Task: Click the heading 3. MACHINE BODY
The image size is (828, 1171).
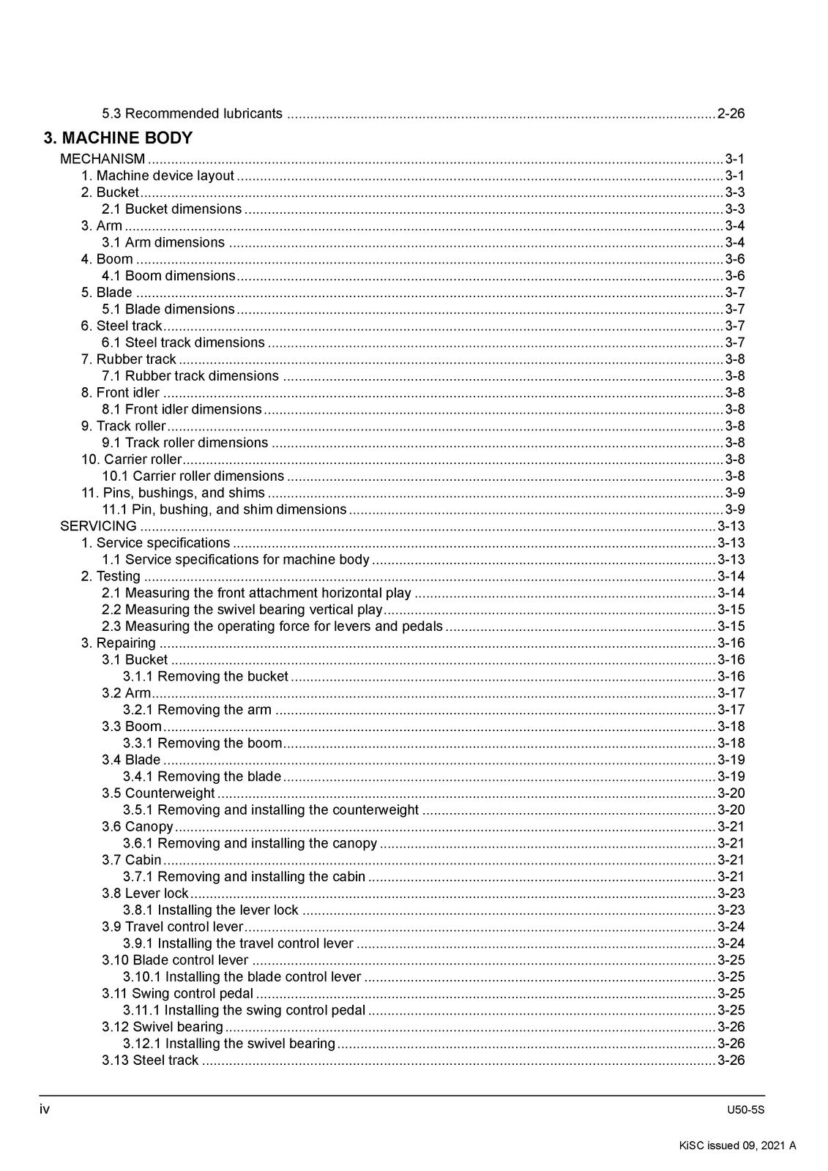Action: point(118,138)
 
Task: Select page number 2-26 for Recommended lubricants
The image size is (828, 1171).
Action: point(731,113)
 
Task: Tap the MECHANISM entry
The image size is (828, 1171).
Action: point(102,159)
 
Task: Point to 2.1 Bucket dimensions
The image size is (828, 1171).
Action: point(172,209)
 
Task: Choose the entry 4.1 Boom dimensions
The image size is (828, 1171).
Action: point(168,276)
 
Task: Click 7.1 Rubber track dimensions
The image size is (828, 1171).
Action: point(190,376)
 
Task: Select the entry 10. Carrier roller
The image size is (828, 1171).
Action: point(131,460)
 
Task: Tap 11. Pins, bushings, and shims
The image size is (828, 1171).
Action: point(173,493)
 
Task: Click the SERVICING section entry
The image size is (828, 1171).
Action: point(98,526)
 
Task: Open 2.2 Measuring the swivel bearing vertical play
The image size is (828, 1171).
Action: point(242,610)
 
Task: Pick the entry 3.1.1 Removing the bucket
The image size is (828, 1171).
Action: point(206,676)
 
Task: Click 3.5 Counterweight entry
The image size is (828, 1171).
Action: point(158,793)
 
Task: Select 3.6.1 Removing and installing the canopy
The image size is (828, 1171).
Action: point(250,843)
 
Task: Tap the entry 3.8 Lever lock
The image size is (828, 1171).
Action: point(145,894)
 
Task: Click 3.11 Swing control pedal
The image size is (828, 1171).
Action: point(177,994)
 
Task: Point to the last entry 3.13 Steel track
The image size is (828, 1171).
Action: point(150,1060)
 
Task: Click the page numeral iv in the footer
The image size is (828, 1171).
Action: point(45,1110)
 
